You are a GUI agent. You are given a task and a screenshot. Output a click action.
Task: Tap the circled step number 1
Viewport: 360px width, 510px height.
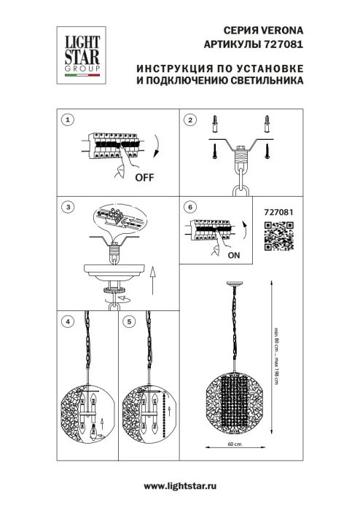coord(68,119)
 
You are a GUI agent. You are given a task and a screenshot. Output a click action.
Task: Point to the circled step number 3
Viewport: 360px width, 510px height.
coord(68,207)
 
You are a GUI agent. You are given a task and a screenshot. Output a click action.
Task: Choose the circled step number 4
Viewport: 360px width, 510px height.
coord(68,320)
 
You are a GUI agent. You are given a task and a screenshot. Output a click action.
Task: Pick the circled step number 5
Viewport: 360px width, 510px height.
coord(129,320)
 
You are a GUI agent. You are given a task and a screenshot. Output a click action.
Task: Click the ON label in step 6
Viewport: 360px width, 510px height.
coord(234,256)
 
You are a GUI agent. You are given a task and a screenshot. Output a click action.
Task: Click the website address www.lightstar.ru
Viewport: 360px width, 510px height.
coord(180,484)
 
